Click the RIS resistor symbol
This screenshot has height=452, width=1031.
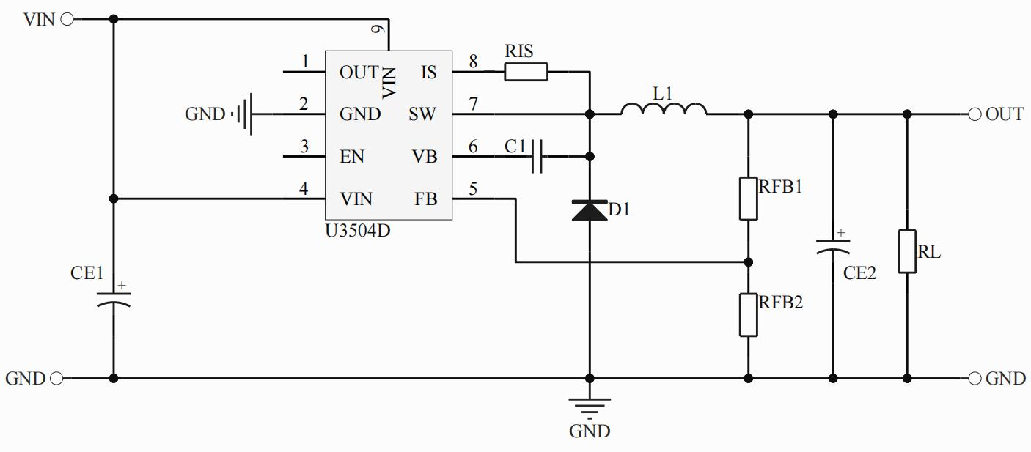click(x=526, y=72)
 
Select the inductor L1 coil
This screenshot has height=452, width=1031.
click(x=664, y=109)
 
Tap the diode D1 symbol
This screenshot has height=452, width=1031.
click(x=589, y=210)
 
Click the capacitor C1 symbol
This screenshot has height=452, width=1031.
click(x=537, y=156)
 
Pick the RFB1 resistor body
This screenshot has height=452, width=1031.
click(x=748, y=198)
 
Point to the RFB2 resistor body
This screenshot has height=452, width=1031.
click(x=748, y=314)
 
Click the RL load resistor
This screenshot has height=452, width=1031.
click(x=907, y=251)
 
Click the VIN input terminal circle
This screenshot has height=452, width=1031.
click(x=67, y=20)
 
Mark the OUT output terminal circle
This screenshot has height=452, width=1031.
click(x=975, y=114)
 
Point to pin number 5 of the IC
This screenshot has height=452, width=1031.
click(x=473, y=189)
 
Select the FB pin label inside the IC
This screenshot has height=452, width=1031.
click(x=425, y=199)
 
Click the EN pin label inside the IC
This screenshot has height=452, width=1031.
click(x=352, y=157)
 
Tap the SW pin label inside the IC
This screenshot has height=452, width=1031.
click(x=422, y=114)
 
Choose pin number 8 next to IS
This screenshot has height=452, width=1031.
click(x=473, y=62)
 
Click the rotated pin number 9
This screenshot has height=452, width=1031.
click(x=377, y=30)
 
